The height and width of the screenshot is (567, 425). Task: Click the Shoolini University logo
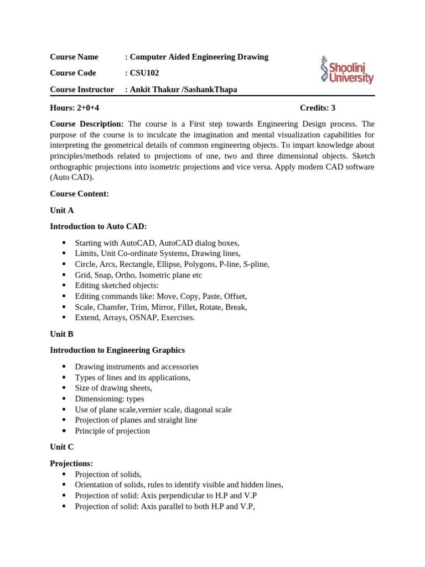pyautogui.click(x=347, y=70)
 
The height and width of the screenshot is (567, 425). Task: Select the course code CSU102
pyautogui.click(x=144, y=73)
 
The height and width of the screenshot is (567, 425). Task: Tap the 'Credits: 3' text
pyautogui.click(x=317, y=108)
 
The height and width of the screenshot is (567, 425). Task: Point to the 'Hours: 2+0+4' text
pyautogui.click(x=75, y=108)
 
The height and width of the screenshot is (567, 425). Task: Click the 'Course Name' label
pyautogui.click(x=74, y=57)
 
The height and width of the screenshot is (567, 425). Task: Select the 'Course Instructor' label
pyautogui.click(x=82, y=90)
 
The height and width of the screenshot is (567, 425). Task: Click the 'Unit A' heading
pyautogui.click(x=61, y=210)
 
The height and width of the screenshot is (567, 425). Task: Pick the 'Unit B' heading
pyautogui.click(x=61, y=334)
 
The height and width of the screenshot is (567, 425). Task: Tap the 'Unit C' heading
pyautogui.click(x=61, y=447)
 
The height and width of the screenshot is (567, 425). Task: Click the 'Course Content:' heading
pyautogui.click(x=79, y=194)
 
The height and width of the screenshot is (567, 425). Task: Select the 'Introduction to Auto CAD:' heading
pyautogui.click(x=99, y=226)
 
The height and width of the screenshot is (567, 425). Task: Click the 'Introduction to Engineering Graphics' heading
pyautogui.click(x=117, y=350)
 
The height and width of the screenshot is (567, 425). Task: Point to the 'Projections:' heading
pyautogui.click(x=71, y=463)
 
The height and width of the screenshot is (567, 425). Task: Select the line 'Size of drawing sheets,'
pyautogui.click(x=113, y=388)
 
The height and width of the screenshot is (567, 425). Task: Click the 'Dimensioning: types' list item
pyautogui.click(x=110, y=399)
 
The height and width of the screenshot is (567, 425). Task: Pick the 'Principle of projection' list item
pyautogui.click(x=112, y=431)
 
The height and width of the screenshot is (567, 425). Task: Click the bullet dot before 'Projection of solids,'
pyautogui.click(x=64, y=475)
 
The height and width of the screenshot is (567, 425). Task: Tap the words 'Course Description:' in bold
pyautogui.click(x=87, y=124)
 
